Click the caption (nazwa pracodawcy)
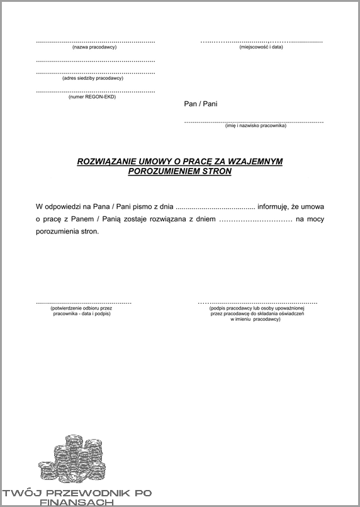[95, 47]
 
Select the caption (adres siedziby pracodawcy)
[93, 78]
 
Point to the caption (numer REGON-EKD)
[92, 96]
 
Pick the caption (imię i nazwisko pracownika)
[256, 126]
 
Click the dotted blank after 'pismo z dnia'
[215, 207]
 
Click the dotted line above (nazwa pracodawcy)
[95, 42]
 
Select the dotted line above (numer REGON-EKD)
[95, 91]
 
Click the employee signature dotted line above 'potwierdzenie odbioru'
[83, 303]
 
